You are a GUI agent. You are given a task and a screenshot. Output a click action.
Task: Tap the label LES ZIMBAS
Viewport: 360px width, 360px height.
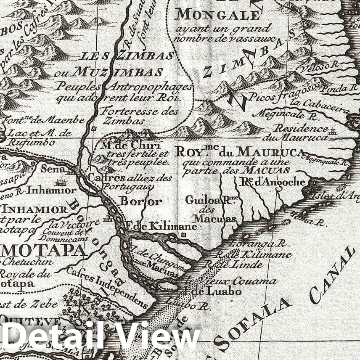pos(127,56)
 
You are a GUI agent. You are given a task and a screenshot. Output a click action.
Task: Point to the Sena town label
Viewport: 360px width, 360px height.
pos(53,169)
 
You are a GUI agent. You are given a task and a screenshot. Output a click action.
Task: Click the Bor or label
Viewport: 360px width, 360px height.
pos(141,201)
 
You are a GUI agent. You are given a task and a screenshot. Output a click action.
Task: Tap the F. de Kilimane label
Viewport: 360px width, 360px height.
pos(162,226)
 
